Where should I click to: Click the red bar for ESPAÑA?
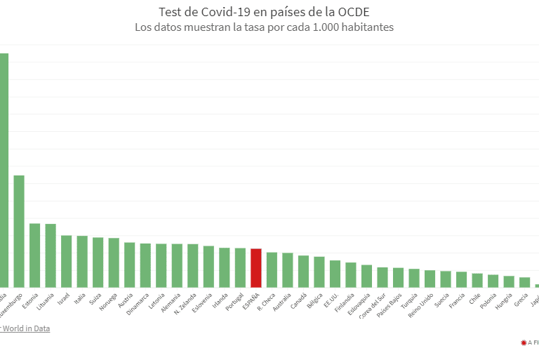(x=256, y=268)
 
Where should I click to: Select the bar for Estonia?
(x=34, y=255)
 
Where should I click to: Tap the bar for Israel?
(x=66, y=261)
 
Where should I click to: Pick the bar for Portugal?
(x=240, y=267)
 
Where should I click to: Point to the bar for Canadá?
(x=303, y=271)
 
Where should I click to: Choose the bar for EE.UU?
(x=335, y=274)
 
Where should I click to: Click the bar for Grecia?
(x=524, y=282)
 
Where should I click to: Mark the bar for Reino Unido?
(x=430, y=279)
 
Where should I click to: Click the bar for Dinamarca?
(x=145, y=265)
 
